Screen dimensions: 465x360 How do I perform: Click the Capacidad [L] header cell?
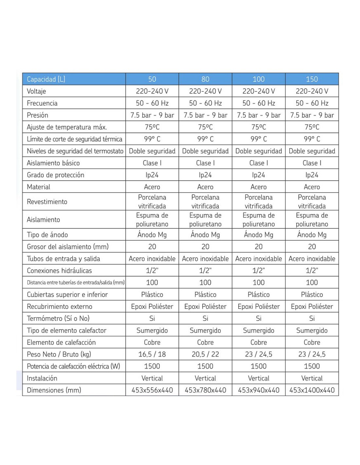[x=46, y=79]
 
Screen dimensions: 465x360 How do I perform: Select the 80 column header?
[x=205, y=79]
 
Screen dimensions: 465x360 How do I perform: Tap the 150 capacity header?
[x=312, y=79]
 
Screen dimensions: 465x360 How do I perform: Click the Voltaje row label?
[x=36, y=91]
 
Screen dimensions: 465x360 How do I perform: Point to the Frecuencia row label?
[x=42, y=103]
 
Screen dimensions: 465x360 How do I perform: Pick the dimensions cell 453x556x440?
[x=152, y=390]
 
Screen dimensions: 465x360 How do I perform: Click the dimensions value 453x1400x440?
[x=312, y=390]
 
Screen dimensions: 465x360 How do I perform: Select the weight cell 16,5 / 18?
[x=152, y=354]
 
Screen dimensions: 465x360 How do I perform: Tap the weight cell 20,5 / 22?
[x=205, y=354]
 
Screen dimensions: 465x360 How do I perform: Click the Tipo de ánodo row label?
[x=47, y=235]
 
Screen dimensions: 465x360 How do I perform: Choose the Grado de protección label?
[x=56, y=175]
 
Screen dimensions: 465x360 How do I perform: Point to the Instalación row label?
[x=42, y=378]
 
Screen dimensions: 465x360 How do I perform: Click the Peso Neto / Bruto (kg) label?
[x=59, y=354]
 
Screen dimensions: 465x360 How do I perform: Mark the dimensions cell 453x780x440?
[x=205, y=390]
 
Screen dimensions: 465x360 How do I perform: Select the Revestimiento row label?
[x=47, y=202]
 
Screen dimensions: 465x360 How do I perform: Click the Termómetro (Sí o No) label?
[x=58, y=319]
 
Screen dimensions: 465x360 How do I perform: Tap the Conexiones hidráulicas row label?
[x=59, y=271]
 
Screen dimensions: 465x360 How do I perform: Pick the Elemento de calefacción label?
[x=61, y=342]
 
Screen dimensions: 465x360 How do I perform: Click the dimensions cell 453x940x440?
[x=259, y=390]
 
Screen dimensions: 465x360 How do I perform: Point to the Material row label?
[x=39, y=187]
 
